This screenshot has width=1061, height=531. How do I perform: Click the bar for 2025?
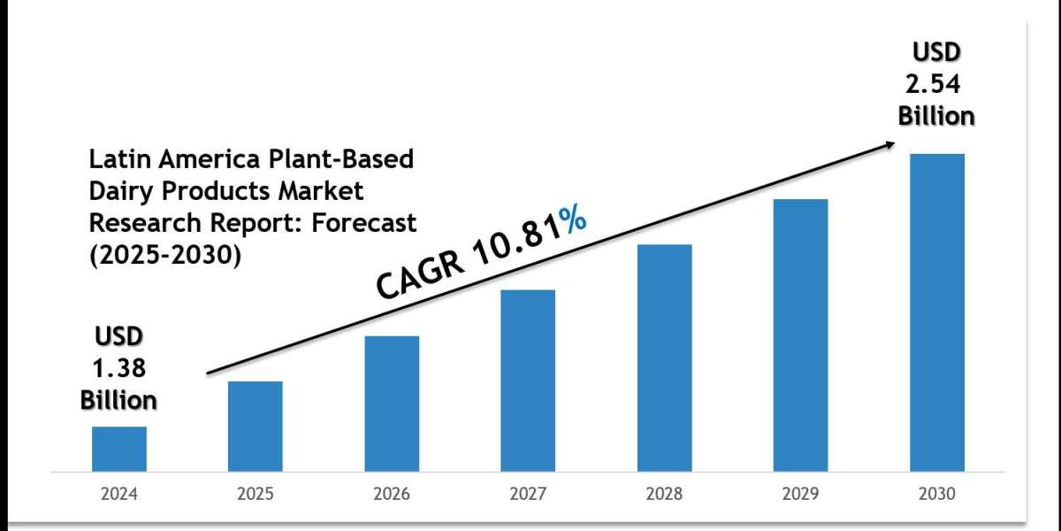(256, 426)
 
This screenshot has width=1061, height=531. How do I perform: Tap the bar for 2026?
(392, 403)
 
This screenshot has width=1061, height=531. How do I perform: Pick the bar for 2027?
(528, 380)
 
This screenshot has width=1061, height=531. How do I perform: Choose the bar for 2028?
(664, 357)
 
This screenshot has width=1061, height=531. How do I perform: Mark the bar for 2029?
(800, 335)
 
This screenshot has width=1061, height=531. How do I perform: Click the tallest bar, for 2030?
(937, 312)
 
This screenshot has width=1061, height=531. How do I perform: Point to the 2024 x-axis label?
(119, 494)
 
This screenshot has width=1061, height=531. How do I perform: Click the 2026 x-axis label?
(392, 494)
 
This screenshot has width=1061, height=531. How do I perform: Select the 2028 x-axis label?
(664, 494)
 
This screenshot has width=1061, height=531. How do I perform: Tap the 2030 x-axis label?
(937, 494)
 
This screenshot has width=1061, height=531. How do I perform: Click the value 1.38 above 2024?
(118, 368)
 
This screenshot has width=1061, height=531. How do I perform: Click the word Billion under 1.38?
(118, 399)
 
